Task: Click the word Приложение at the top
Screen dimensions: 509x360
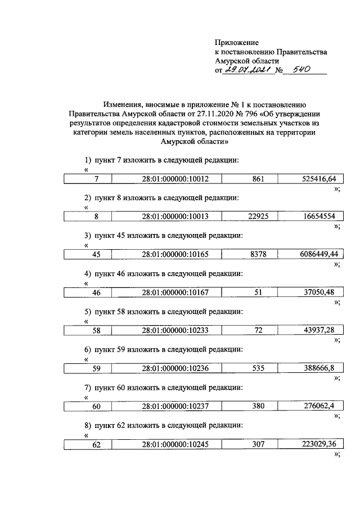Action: pos(237,43)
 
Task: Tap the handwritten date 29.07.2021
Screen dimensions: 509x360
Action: pos(245,71)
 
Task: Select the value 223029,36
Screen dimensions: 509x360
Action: pos(316,444)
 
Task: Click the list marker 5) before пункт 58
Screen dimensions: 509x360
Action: pos(88,312)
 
